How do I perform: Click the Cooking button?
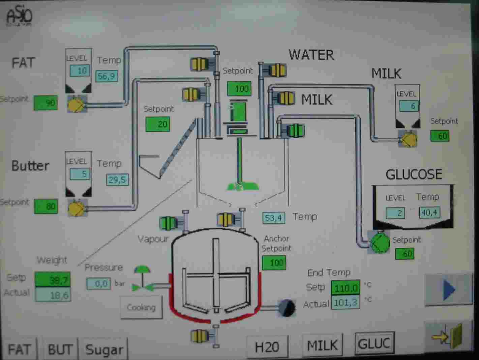pos(141,307)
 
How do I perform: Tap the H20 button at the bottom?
pos(267,347)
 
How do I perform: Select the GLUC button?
pos(374,343)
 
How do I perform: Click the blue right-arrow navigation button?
pos(448,289)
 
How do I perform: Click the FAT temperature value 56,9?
pos(107,76)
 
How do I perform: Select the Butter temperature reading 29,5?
pos(117,179)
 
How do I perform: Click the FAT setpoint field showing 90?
pos(46,103)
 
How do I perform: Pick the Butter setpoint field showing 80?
pos(46,206)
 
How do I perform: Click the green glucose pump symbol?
pos(380,242)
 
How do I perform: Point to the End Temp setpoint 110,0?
pos(346,288)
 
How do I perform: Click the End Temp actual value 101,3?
pos(346,302)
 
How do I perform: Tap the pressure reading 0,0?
pos(98,283)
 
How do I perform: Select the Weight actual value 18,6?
pos(53,295)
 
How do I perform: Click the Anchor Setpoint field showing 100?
pos(274,262)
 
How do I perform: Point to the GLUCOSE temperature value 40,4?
pos(429,213)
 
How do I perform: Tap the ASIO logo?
pos(19,16)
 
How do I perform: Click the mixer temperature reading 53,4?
pos(273,218)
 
